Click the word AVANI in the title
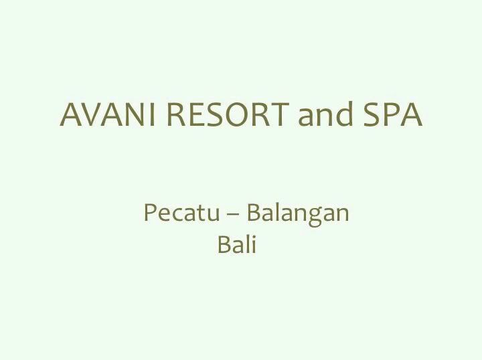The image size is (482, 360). point(107,114)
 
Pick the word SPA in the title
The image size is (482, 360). point(393,114)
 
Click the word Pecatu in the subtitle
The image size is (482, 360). point(181,213)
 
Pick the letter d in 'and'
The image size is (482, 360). point(343,113)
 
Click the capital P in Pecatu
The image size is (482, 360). point(149,213)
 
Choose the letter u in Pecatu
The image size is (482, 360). point(213,215)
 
